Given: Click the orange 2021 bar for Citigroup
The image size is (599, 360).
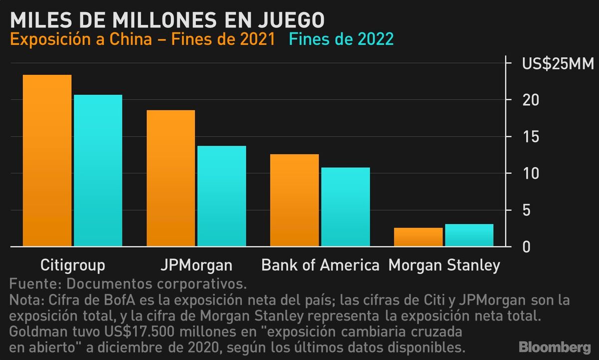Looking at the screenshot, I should (x=47, y=161).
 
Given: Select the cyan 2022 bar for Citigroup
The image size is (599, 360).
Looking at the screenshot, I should (x=98, y=171).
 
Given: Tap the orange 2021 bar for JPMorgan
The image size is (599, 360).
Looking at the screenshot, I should (x=171, y=178).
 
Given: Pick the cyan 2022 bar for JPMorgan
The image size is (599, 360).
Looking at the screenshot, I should (x=222, y=196).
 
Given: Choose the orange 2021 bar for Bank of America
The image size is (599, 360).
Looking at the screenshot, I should (x=295, y=200).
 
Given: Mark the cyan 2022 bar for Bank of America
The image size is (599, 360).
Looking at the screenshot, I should (x=345, y=207).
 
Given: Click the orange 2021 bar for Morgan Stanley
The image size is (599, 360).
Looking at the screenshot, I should (x=418, y=237).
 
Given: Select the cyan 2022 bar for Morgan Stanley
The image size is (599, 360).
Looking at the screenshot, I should (x=469, y=235).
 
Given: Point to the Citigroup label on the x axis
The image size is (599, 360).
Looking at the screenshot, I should (x=72, y=265).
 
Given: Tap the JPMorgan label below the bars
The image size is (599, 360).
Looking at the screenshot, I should (x=196, y=265).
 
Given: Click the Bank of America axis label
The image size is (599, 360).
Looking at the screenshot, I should (x=320, y=265).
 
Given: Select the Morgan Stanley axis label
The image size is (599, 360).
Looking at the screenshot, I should (x=444, y=265).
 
